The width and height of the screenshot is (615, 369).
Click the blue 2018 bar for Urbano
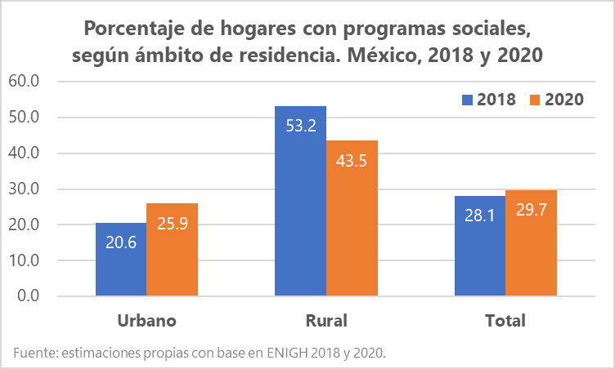(x=121, y=259)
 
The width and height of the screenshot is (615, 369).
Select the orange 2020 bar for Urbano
(x=172, y=249)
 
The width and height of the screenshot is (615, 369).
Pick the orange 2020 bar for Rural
(x=352, y=218)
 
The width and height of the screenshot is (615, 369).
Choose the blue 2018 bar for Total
(x=480, y=246)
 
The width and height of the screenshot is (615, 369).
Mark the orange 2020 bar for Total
(x=531, y=242)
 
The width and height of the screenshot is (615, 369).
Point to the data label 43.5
(x=352, y=161)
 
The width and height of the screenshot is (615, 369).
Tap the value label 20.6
(x=121, y=242)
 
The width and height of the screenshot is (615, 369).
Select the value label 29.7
(x=531, y=211)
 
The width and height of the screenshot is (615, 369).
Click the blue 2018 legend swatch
(x=468, y=100)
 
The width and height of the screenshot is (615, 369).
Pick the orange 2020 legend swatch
(x=536, y=100)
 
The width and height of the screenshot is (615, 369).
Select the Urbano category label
(x=146, y=319)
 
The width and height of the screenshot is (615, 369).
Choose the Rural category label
(x=326, y=319)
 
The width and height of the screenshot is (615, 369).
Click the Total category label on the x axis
(x=505, y=319)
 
